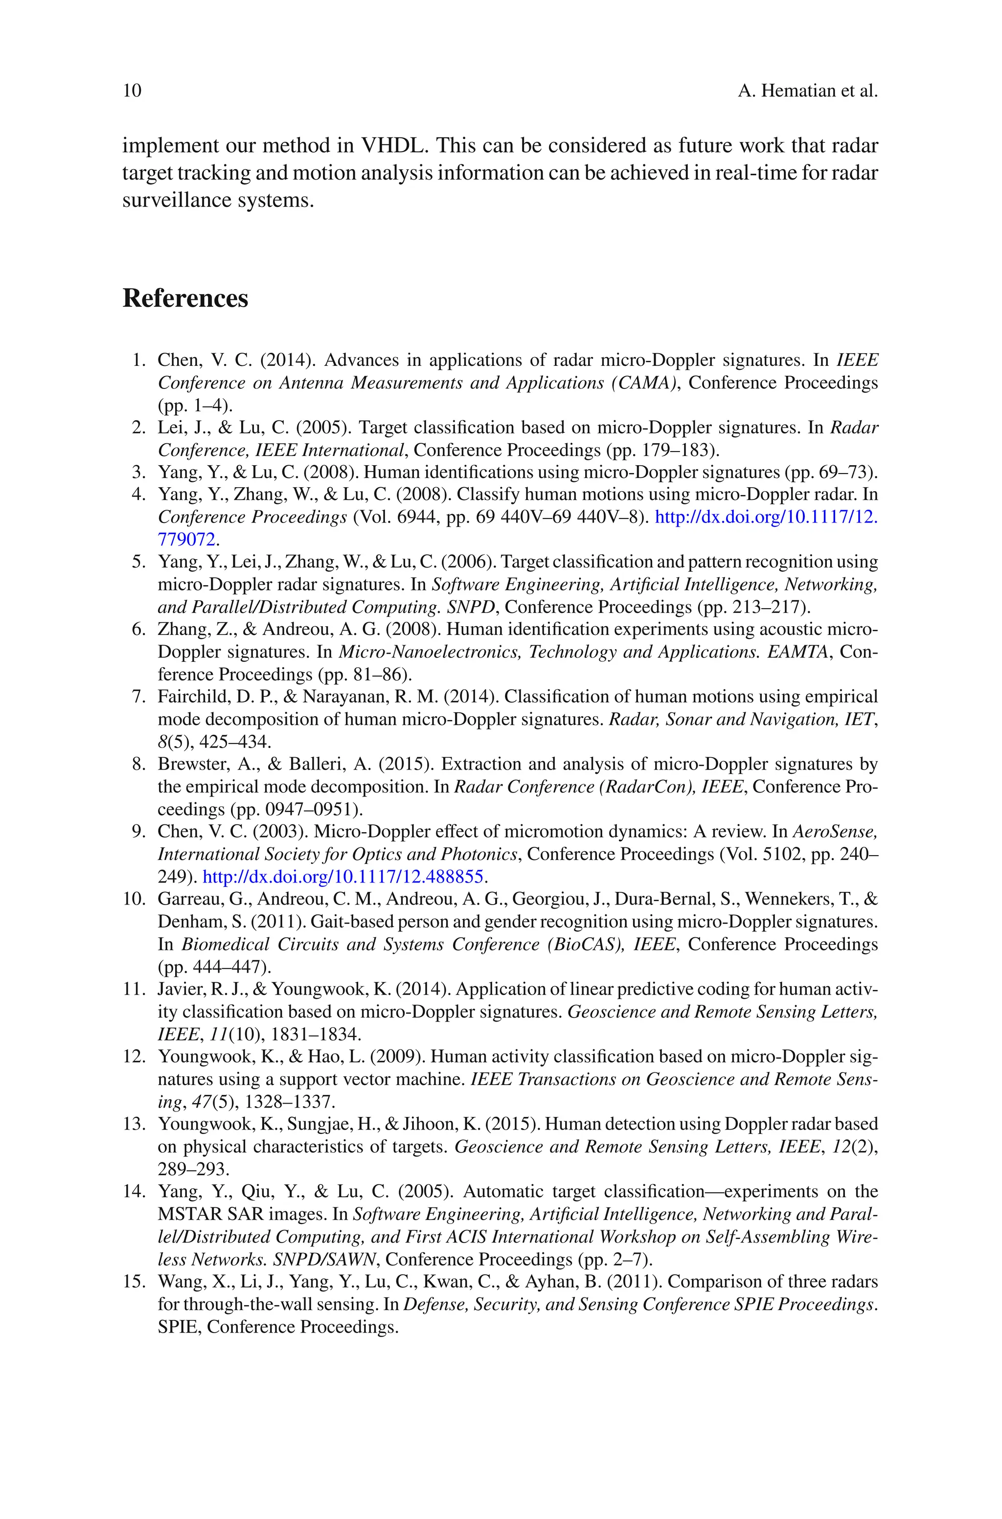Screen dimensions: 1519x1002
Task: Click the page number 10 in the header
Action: tap(132, 91)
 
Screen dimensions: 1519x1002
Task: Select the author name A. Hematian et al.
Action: tap(807, 91)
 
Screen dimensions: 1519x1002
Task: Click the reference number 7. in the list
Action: tap(139, 697)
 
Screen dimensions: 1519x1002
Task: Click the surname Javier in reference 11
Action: tap(178, 990)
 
